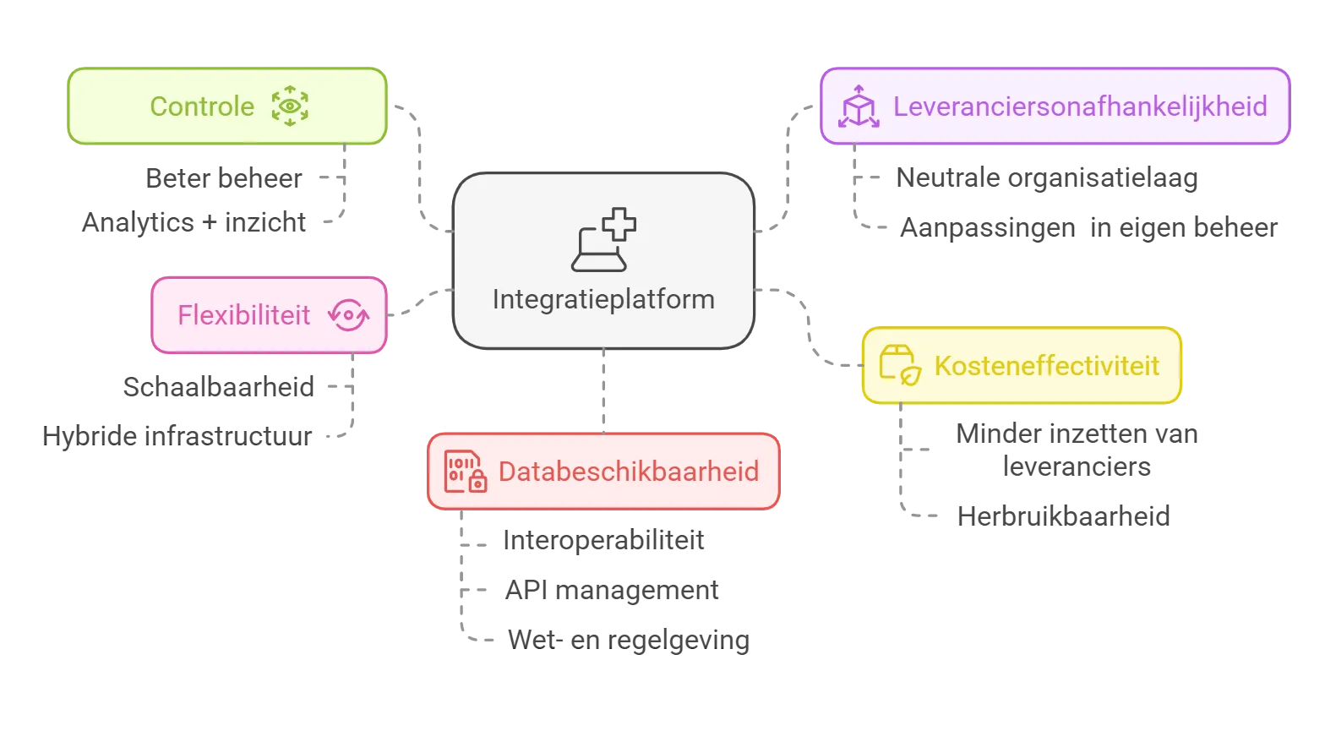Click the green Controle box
(228, 106)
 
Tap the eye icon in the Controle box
(290, 106)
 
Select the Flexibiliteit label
(243, 315)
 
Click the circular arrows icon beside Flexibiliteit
(349, 314)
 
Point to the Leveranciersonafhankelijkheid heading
(1080, 107)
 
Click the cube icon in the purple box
(859, 106)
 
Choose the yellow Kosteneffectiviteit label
(1047, 365)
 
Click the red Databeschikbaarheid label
(629, 472)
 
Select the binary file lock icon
(466, 472)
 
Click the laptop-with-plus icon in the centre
(604, 239)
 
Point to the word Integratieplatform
(604, 299)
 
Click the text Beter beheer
(224, 178)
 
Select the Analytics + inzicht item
(194, 223)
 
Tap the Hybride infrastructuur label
(177, 436)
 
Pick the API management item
(612, 590)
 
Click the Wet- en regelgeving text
(629, 640)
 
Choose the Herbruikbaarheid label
(1064, 516)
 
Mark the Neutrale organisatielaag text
(1047, 178)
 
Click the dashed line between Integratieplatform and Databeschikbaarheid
(603, 391)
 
